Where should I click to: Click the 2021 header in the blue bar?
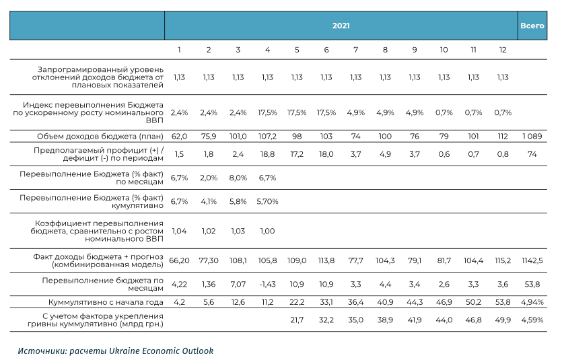pos(341,26)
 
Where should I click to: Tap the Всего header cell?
pos(532,26)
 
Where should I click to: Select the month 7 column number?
pos(355,50)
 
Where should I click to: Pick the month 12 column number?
pos(503,50)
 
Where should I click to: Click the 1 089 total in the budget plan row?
pos(532,136)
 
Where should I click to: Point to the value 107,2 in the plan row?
pos(267,136)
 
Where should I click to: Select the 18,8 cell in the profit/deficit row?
pos(267,154)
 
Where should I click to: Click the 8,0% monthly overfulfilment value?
pos(238,178)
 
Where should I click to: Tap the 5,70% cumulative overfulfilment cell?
pos(267,201)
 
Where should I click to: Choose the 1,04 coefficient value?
pos(179,231)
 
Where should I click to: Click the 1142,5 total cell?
pos(532,260)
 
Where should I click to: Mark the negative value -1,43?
pos(267,284)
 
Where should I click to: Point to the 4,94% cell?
pos(532,302)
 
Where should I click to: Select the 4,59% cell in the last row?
pos(532,320)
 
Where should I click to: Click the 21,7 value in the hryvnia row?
pos(297,320)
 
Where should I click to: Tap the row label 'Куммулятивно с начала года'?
pos(106,302)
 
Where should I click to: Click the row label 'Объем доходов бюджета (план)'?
pos(100,137)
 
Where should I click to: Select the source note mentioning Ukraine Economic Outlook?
pos(116,351)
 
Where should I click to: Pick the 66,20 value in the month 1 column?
pos(179,260)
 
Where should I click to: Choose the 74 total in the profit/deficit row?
pos(532,154)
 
